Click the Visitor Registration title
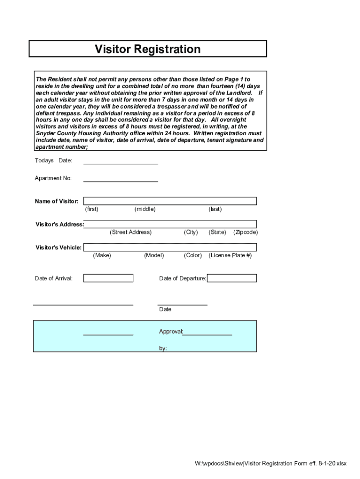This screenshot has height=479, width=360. pos(148,49)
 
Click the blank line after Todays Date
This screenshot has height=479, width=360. pos(121,161)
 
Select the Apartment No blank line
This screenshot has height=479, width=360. pos(121,178)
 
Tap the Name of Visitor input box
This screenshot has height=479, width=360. pos(170,201)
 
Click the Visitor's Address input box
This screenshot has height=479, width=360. pos(170,224)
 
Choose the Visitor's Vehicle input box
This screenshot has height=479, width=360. pos(170,247)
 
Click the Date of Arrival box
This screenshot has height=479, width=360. pos(108,278)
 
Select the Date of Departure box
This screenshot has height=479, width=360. pos(232,278)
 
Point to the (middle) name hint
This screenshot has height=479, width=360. pos(145,209)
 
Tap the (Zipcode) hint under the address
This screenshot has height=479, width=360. pos(245,232)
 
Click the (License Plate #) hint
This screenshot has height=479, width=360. pos(230,255)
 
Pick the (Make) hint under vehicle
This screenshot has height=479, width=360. pos(102,255)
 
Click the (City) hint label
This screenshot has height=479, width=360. pos(191,232)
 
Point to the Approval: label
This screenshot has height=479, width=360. pos(171,332)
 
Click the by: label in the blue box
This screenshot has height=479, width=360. pos(163,348)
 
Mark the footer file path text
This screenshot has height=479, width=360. pos(271,464)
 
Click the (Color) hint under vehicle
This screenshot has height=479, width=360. pos(193,255)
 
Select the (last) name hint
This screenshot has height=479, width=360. pos(215,209)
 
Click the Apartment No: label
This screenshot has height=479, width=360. pos(53,178)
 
